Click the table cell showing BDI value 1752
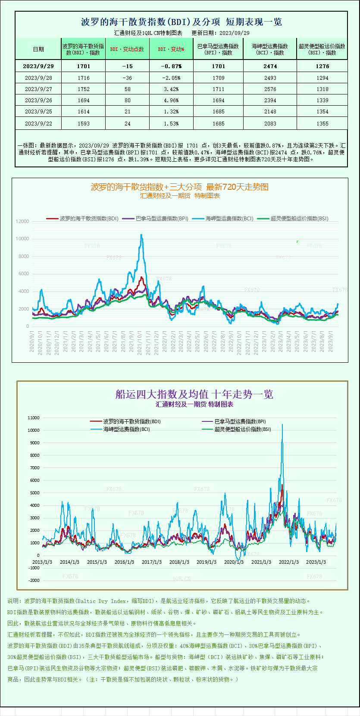tap(84, 89)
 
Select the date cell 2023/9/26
tap(38, 100)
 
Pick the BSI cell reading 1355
tap(322, 124)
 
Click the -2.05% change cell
tap(171, 78)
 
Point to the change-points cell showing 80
tap(127, 100)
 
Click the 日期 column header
tap(38, 49)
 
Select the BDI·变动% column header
tap(171, 49)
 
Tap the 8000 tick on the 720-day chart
tap(23, 256)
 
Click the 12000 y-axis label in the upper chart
tap(22, 221)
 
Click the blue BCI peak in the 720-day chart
tap(141, 235)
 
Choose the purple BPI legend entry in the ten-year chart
tap(235, 421)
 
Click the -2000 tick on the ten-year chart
tap(34, 581)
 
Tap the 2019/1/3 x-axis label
tap(207, 562)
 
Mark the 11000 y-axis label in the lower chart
tap(33, 418)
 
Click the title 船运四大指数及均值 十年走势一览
tap(194, 394)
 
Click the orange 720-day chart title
tap(179, 187)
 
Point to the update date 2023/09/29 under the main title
tap(234, 33)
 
